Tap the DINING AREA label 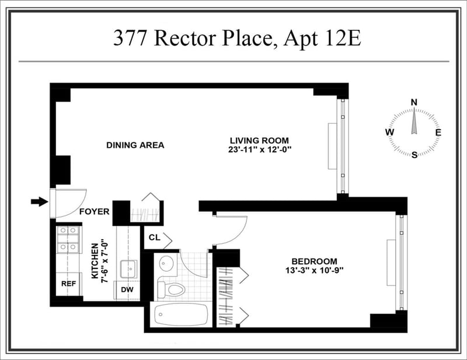135,145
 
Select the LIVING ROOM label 259,140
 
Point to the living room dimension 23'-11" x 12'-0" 260,149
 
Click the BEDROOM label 315,261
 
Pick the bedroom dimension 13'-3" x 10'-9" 315,270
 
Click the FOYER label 94,212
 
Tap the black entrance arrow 39,202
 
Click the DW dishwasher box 127,289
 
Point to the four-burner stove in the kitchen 68,239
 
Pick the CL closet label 154,237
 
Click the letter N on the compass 414,102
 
